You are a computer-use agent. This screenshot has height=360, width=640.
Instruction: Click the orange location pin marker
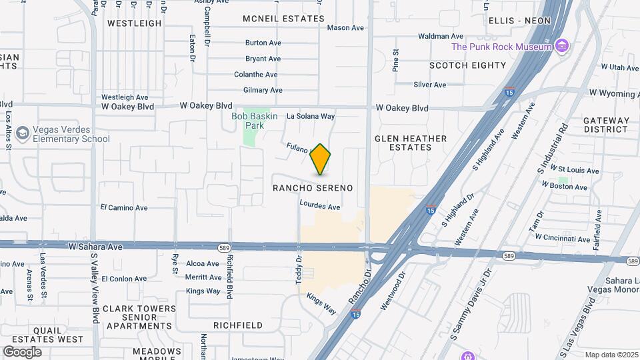point(321,159)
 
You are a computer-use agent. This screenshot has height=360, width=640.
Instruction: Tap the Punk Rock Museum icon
point(563,46)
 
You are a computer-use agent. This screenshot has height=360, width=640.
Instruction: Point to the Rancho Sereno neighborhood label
point(313,189)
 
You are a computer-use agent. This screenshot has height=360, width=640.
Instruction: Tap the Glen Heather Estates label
point(411,143)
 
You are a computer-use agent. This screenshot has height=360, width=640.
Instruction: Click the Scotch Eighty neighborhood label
point(468,65)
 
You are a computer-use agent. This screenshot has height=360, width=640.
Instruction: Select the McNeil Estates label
point(283,19)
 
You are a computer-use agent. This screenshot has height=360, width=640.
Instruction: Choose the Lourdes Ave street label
point(320,206)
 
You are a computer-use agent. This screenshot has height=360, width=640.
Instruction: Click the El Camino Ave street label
point(124,208)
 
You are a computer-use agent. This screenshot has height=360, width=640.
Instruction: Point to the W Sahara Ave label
point(95,247)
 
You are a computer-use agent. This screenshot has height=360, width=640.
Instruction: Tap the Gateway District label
point(606,125)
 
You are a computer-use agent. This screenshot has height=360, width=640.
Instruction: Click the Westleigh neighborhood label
point(135,23)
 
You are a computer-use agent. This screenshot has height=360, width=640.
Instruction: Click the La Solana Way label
point(310,116)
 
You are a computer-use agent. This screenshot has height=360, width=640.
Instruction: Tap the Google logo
point(23,351)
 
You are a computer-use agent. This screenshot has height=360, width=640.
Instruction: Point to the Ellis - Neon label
point(519,21)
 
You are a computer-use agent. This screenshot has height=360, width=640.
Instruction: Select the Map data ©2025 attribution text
point(611,355)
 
